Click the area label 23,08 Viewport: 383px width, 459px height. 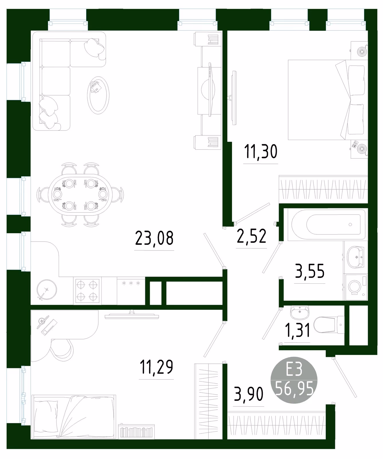pos(154,238)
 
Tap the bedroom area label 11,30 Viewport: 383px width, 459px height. pos(261,151)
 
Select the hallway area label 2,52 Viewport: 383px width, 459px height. pos(252,236)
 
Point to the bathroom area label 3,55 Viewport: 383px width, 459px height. pos(310,271)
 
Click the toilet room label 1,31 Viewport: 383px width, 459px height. pos(298,330)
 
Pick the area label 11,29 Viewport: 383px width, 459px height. pos(156,367)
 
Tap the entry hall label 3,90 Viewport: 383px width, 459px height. pos(249,394)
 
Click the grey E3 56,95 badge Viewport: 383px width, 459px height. pos(294,380)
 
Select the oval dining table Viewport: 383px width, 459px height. pos(80,195)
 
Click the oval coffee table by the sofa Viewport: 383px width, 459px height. pos(98,94)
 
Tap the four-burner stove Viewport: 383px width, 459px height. pos(87,291)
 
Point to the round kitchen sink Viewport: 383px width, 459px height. pos(47,289)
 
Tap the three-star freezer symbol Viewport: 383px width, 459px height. pos(131,283)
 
